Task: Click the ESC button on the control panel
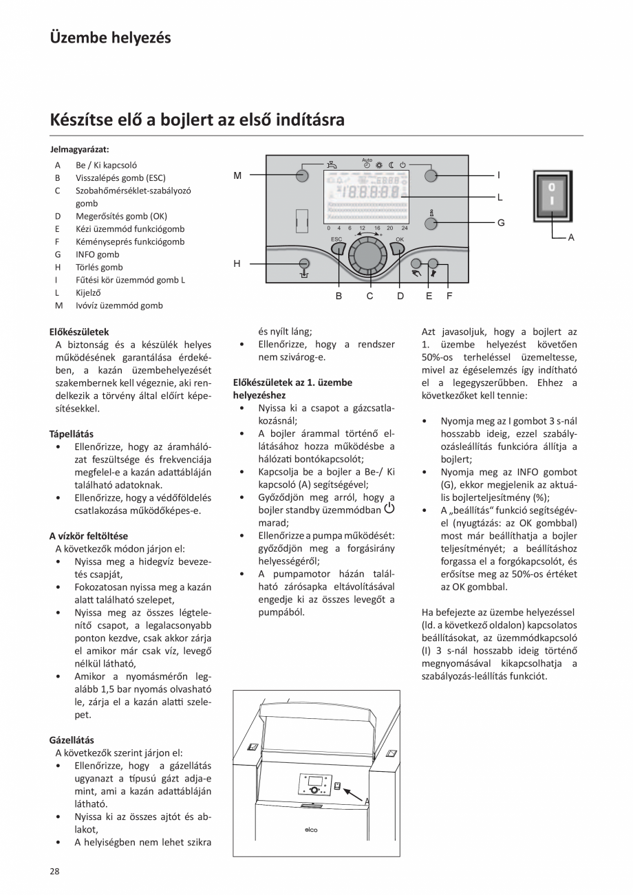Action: pyautogui.click(x=337, y=248)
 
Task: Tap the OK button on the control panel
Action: pyautogui.click(x=398, y=248)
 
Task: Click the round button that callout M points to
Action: pyautogui.click(x=302, y=175)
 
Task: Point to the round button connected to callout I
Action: pyautogui.click(x=431, y=175)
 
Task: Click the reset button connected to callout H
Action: pyautogui.click(x=303, y=263)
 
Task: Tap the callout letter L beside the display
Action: pyautogui.click(x=500, y=197)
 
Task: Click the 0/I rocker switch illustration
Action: pyautogui.click(x=551, y=197)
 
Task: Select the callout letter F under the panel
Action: pyautogui.click(x=449, y=296)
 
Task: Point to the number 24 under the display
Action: pyautogui.click(x=404, y=228)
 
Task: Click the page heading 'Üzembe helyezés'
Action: pyautogui.click(x=110, y=38)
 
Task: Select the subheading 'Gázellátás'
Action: pyautogui.click(x=72, y=740)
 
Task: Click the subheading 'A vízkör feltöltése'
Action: pyautogui.click(x=88, y=536)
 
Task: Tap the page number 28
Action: pyautogui.click(x=54, y=871)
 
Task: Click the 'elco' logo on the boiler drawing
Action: pyautogui.click(x=311, y=829)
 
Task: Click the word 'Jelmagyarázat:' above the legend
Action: pyautogui.click(x=80, y=149)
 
